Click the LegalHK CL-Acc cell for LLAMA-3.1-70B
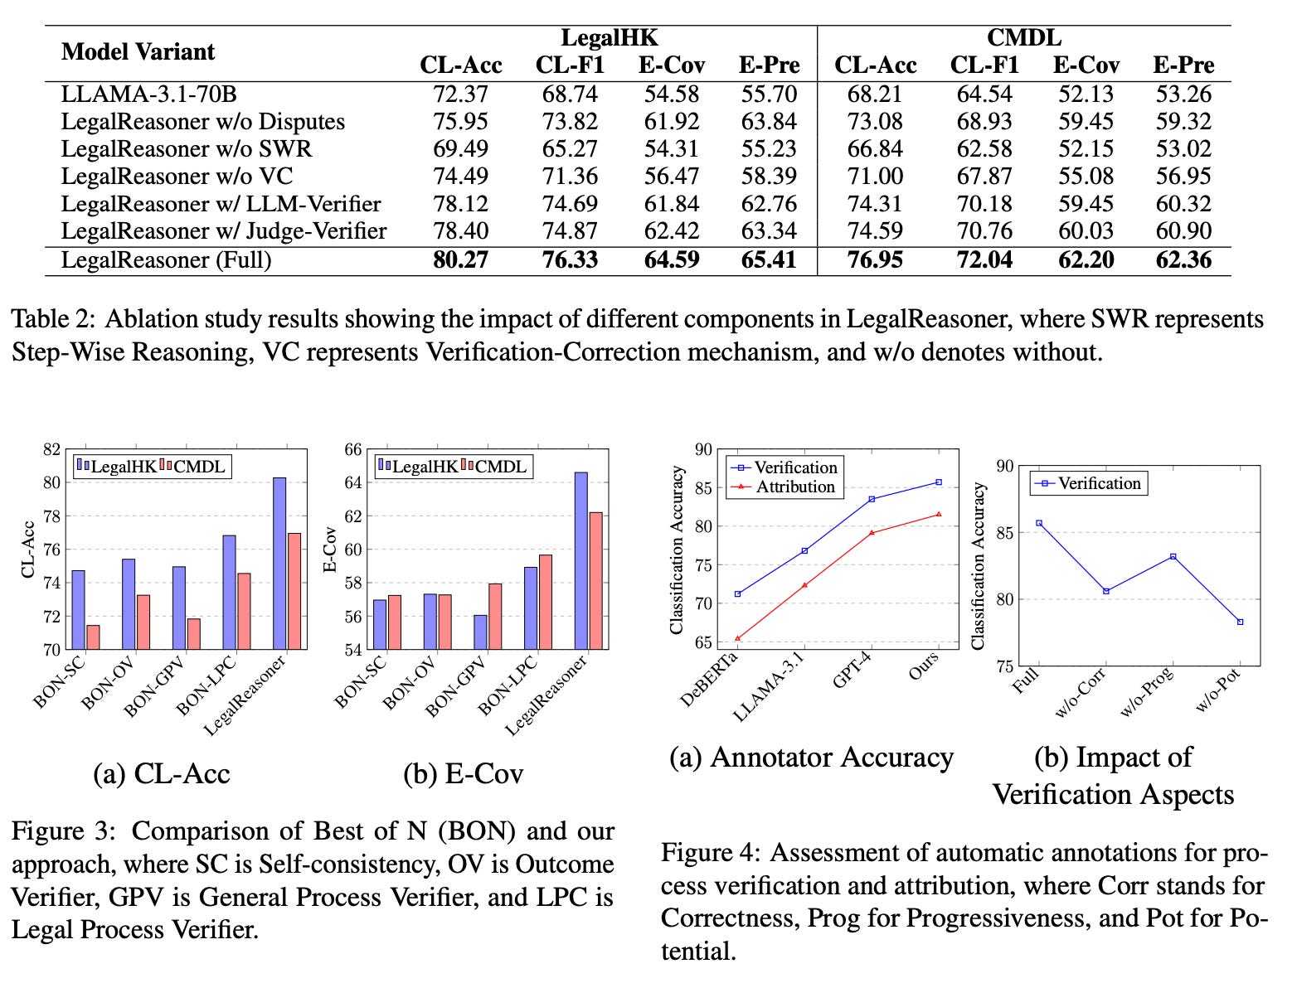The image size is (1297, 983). pyautogui.click(x=460, y=94)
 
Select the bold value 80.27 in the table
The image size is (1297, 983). pyautogui.click(x=460, y=260)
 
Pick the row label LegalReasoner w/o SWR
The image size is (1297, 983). pyautogui.click(x=186, y=149)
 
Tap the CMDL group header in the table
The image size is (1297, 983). pyautogui.click(x=1023, y=38)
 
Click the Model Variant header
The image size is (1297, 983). pyautogui.click(x=138, y=51)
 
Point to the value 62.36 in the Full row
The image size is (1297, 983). pyautogui.click(x=1183, y=260)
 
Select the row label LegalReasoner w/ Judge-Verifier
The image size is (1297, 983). pyautogui.click(x=223, y=230)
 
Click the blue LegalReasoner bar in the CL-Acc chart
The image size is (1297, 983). pyautogui.click(x=279, y=564)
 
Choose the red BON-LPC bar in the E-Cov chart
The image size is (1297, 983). pyautogui.click(x=545, y=602)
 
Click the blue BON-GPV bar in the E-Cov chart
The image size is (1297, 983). pyautogui.click(x=480, y=632)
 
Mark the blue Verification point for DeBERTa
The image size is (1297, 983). pyautogui.click(x=737, y=593)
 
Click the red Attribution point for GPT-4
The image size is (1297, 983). pyautogui.click(x=872, y=532)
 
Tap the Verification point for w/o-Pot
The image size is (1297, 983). pyautogui.click(x=1240, y=622)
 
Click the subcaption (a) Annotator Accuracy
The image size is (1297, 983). pyautogui.click(x=811, y=758)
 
